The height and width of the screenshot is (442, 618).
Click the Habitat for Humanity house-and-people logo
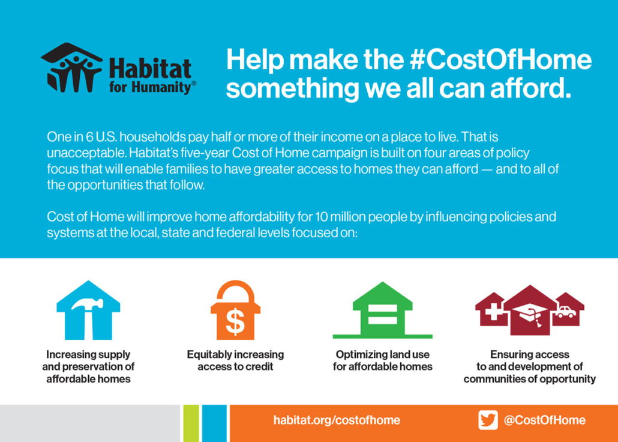[71, 67]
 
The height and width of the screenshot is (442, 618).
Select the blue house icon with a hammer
[88, 310]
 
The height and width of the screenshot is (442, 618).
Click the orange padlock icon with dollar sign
[235, 310]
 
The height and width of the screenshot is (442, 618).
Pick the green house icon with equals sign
[382, 310]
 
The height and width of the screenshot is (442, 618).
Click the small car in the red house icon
[566, 312]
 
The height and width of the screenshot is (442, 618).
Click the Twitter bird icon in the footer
[488, 420]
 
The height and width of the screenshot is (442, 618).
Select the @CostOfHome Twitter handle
[545, 420]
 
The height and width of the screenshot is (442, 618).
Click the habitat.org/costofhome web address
[337, 420]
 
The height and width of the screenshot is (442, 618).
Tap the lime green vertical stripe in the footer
[191, 423]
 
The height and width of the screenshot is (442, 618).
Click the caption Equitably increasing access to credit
[235, 360]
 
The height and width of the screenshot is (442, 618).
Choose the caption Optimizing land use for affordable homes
[383, 360]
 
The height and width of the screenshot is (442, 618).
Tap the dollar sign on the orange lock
[235, 321]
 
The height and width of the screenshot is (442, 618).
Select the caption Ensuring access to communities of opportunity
[530, 366]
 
